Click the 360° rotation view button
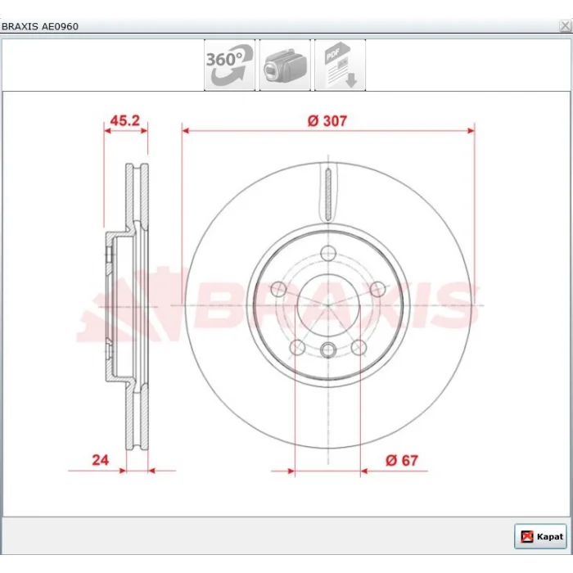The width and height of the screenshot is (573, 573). coord(229,65)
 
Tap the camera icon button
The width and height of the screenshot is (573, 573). coord(285,65)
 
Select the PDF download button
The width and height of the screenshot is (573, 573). coord(341,65)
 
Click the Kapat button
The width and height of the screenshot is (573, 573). coord(540,536)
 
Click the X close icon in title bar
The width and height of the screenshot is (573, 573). coord(565,26)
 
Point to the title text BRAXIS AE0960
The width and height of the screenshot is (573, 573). coord(40,26)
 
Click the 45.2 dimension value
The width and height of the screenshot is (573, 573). coord(125,120)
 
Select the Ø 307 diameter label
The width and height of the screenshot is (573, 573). coord(327,121)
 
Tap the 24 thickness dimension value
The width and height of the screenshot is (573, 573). coord(100,460)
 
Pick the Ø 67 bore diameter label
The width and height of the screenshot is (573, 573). coord(402,460)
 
